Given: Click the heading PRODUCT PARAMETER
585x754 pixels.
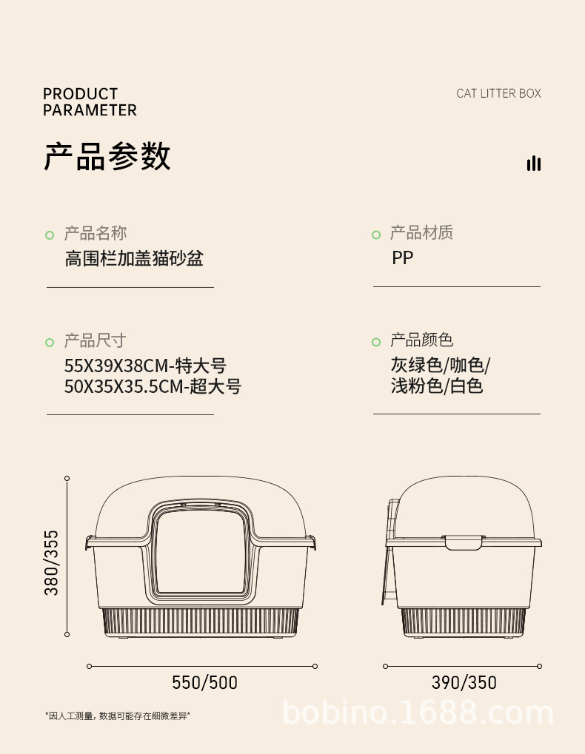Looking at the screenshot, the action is [90, 102].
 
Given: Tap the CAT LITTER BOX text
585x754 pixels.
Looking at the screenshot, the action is [498, 93].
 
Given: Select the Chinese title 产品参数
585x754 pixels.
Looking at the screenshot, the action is [107, 156].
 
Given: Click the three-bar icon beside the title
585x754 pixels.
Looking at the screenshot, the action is [533, 164].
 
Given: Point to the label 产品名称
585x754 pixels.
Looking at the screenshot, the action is [96, 234].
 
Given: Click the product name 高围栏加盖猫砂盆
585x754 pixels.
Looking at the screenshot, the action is [134, 258].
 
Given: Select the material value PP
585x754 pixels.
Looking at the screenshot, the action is [403, 258].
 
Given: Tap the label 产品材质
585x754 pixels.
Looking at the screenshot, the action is [421, 233].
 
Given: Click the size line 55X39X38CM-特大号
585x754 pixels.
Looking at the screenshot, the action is [145, 366].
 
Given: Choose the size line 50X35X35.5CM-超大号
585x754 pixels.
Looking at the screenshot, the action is [153, 386].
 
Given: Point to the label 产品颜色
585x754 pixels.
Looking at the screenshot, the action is [421, 340].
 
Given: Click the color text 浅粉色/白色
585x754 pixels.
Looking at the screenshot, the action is [437, 386].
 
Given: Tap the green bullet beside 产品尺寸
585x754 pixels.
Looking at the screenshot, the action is [50, 342].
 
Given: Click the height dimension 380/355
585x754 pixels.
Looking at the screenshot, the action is [51, 562].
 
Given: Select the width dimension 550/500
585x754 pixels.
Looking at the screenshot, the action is [205, 682].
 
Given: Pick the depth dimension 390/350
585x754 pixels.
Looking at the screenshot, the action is [464, 682].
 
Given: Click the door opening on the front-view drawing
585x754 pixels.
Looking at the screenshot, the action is [202, 551].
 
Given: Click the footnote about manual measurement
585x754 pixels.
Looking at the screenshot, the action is [118, 716].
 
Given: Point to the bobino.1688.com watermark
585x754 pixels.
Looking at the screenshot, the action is [418, 713].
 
